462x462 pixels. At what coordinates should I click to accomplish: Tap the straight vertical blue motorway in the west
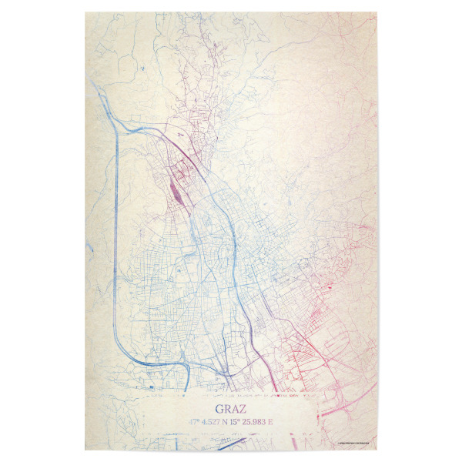(x=115, y=231)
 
